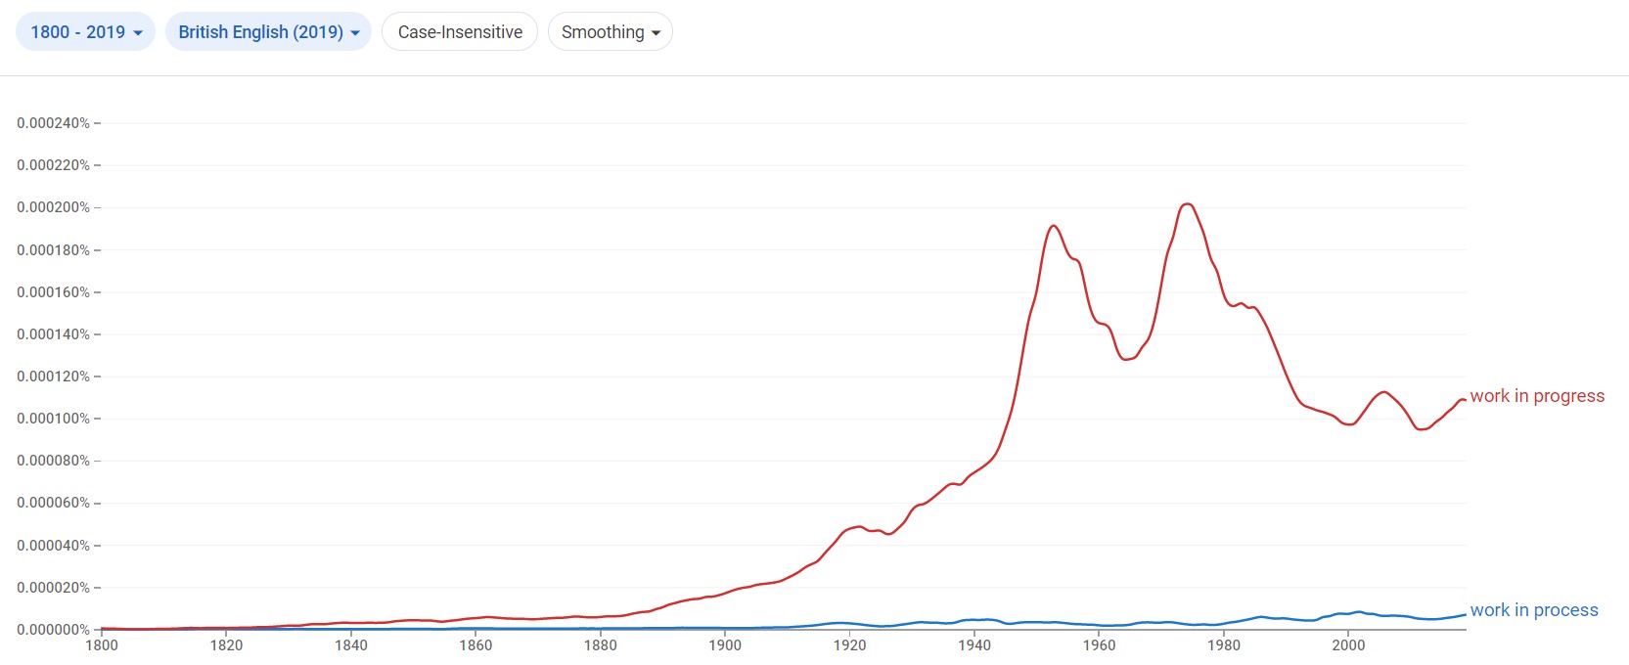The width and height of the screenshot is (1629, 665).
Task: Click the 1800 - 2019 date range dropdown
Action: (x=85, y=32)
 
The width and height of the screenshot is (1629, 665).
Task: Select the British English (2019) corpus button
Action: (x=268, y=32)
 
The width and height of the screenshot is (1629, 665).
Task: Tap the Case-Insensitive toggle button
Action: (x=460, y=32)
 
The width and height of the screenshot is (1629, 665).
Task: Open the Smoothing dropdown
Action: (x=610, y=32)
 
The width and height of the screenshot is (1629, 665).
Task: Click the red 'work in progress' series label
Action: (x=1536, y=396)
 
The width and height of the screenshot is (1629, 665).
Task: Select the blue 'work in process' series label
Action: (x=1533, y=610)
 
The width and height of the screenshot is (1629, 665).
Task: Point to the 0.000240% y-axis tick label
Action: (x=53, y=123)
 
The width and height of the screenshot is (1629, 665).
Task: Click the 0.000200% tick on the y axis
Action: (x=53, y=207)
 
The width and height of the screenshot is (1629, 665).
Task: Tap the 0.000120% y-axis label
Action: (x=53, y=377)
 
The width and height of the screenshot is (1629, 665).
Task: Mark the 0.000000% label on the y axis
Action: (x=53, y=630)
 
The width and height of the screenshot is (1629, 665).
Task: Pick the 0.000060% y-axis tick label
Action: (x=53, y=503)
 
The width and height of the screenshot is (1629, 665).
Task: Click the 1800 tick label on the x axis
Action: (x=102, y=645)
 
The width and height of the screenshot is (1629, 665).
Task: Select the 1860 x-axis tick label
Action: (x=475, y=645)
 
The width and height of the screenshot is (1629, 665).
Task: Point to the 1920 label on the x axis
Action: (x=849, y=645)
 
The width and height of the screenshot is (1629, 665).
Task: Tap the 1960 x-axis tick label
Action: (x=1099, y=645)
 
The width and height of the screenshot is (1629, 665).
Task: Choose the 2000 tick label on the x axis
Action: (x=1348, y=645)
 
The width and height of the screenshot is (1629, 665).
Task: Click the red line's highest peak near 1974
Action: (x=1187, y=203)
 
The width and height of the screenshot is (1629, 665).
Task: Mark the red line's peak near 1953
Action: (x=1053, y=226)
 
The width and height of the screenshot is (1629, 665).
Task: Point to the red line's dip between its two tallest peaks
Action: (x=1126, y=360)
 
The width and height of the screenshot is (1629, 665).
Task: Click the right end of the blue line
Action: (x=1465, y=614)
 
